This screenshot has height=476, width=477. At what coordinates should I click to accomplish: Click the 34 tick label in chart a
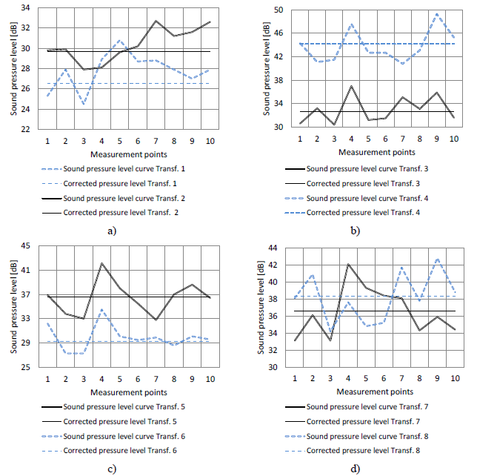point(24,8)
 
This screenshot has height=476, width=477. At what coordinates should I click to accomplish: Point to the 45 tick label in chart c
point(24,246)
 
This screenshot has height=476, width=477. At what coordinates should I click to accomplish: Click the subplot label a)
point(113,231)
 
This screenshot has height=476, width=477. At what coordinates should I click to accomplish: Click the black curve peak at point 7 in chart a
point(156,22)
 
